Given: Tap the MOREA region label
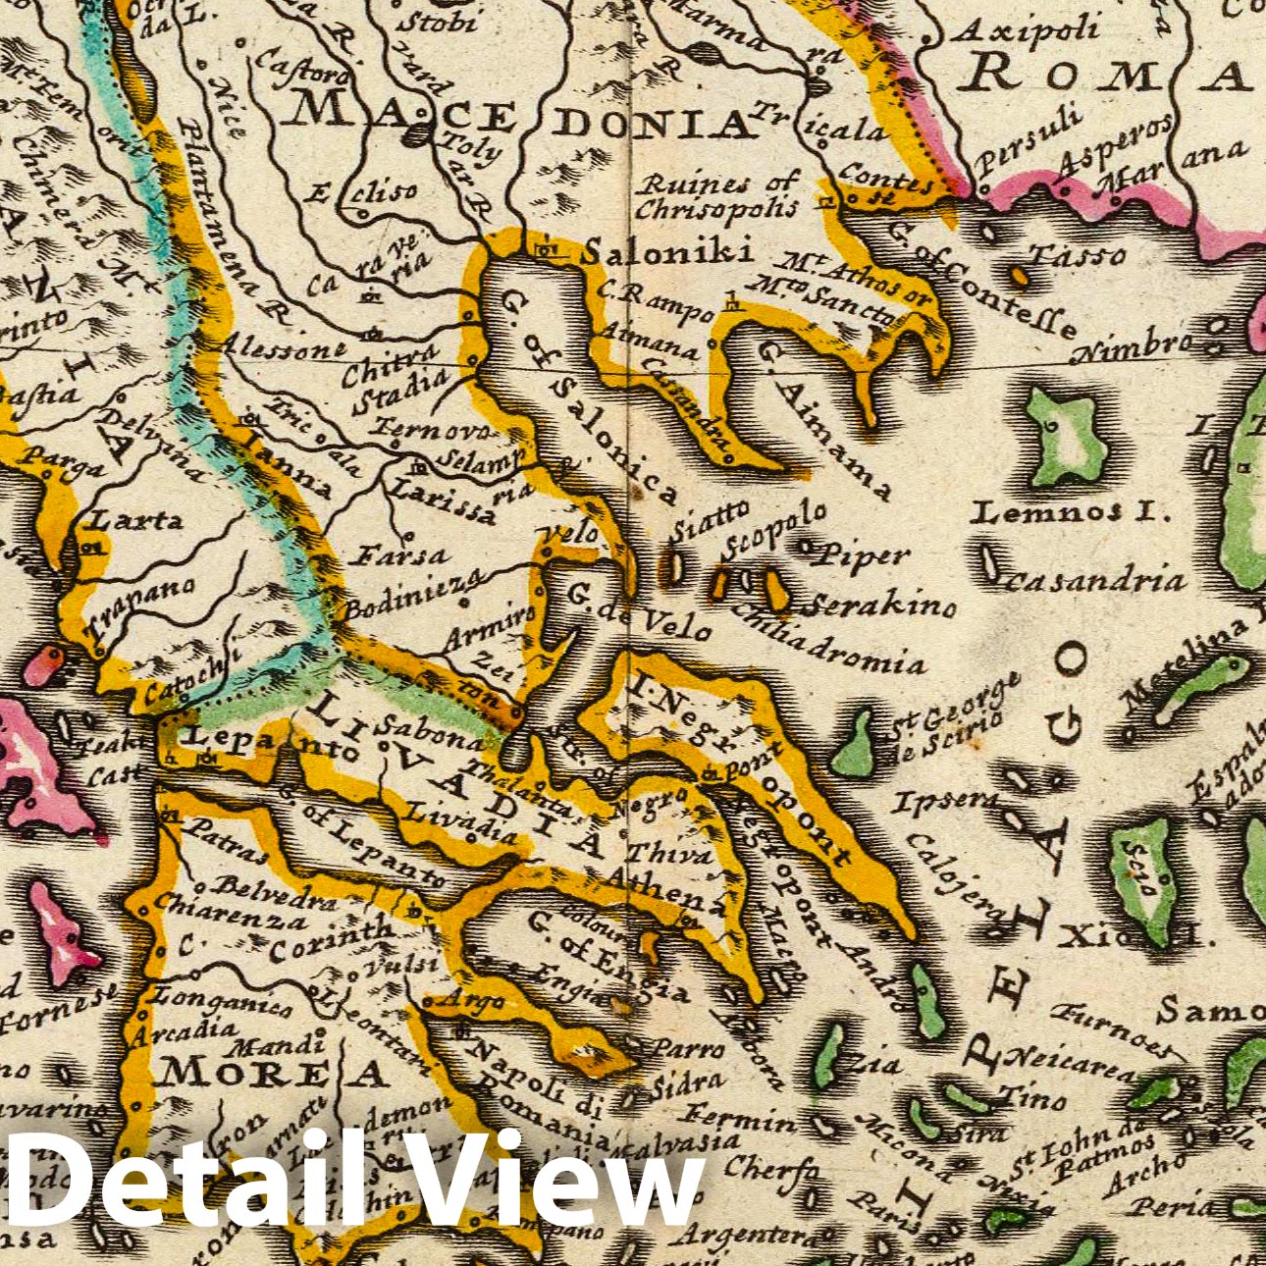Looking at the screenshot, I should pos(274,1073).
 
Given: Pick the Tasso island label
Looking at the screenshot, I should pos(1078,254).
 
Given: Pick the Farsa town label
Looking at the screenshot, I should pos(401,556).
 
